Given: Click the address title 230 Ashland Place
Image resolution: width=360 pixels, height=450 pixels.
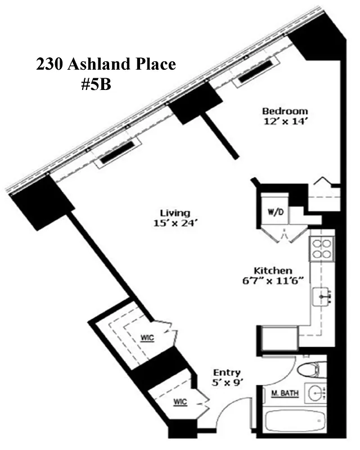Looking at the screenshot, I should click(106, 64).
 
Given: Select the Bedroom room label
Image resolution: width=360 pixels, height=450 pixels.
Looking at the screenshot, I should click(285, 110).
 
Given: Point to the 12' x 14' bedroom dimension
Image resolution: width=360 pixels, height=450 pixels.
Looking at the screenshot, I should click(285, 120).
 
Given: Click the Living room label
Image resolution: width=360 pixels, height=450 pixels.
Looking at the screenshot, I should click(175, 213).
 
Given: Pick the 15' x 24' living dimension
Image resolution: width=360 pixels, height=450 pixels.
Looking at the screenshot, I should click(175, 223).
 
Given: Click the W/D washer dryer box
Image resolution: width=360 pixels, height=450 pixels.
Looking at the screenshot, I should click(274, 212).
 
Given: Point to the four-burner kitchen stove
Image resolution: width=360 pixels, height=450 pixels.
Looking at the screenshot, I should click(322, 248).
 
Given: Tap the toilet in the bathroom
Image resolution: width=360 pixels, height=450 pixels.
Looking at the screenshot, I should click(309, 370).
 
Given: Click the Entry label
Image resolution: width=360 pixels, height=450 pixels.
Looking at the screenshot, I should click(227, 372).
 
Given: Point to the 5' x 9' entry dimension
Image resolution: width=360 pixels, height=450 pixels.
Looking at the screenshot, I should click(227, 382).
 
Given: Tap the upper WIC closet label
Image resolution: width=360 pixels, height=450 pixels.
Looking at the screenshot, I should click(147, 337).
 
